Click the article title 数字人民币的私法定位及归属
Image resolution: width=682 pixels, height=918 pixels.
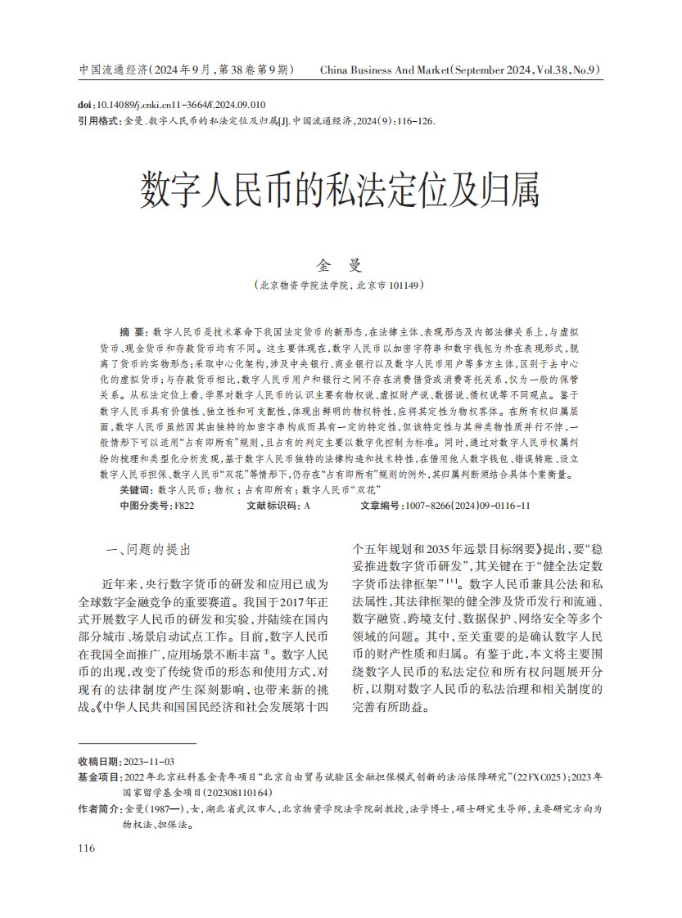pyautogui.click(x=340, y=191)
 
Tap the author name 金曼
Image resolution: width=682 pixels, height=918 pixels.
pyautogui.click(x=340, y=266)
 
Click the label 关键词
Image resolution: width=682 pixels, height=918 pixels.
pyautogui.click(x=134, y=489)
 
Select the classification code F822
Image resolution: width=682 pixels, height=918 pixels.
pyautogui.click(x=183, y=506)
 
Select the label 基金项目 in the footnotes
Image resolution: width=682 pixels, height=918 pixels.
pyautogui.click(x=98, y=776)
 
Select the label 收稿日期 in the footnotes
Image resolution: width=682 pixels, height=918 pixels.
pyautogui.click(x=98, y=761)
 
